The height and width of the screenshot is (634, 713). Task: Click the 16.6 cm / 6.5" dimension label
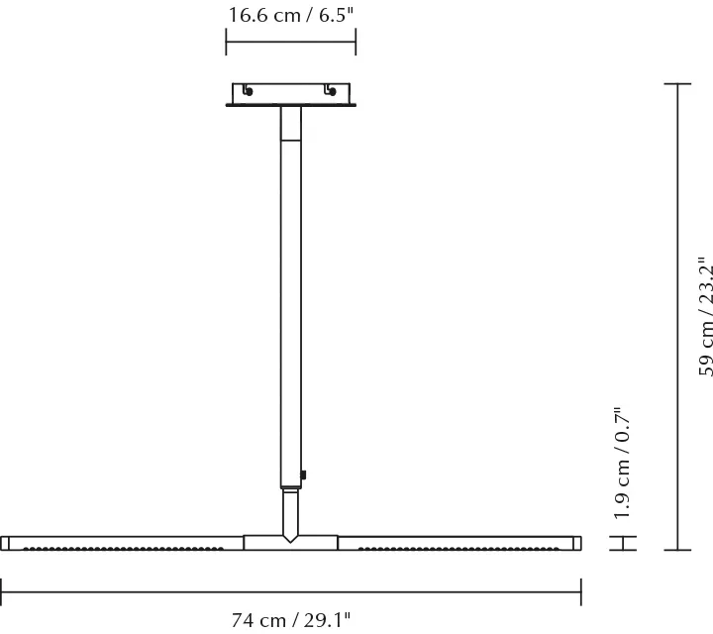click(x=291, y=15)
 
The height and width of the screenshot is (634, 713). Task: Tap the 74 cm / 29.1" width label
click(x=291, y=621)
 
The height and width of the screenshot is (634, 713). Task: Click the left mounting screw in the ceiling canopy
click(x=248, y=92)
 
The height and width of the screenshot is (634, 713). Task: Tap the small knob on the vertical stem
click(x=306, y=475)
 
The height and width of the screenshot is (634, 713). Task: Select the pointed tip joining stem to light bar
click(x=291, y=538)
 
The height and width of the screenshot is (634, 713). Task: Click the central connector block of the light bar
click(x=291, y=543)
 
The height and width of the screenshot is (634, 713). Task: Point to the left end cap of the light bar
click(x=5, y=543)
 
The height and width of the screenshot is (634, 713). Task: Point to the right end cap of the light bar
click(x=577, y=543)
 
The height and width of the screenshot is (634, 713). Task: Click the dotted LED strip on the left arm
click(x=124, y=547)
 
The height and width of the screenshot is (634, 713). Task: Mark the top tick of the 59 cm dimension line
click(x=676, y=84)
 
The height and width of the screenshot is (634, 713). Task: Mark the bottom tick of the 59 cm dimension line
click(x=676, y=549)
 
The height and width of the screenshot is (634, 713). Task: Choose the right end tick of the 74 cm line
click(x=581, y=591)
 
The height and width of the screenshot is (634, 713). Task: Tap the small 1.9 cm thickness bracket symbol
click(x=622, y=543)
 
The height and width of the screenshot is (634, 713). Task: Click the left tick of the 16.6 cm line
click(x=227, y=42)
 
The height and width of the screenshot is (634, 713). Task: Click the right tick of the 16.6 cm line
click(x=356, y=42)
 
